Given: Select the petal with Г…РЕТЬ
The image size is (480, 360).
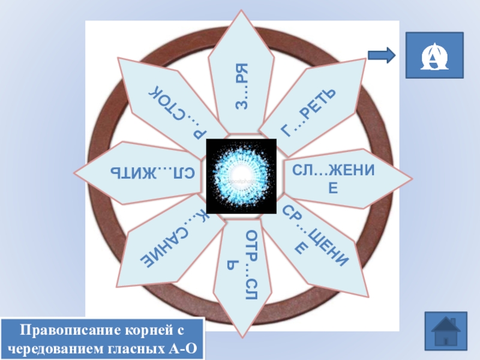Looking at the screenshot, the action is coord(311,107).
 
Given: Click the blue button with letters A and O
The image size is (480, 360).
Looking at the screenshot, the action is coord(434,55).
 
